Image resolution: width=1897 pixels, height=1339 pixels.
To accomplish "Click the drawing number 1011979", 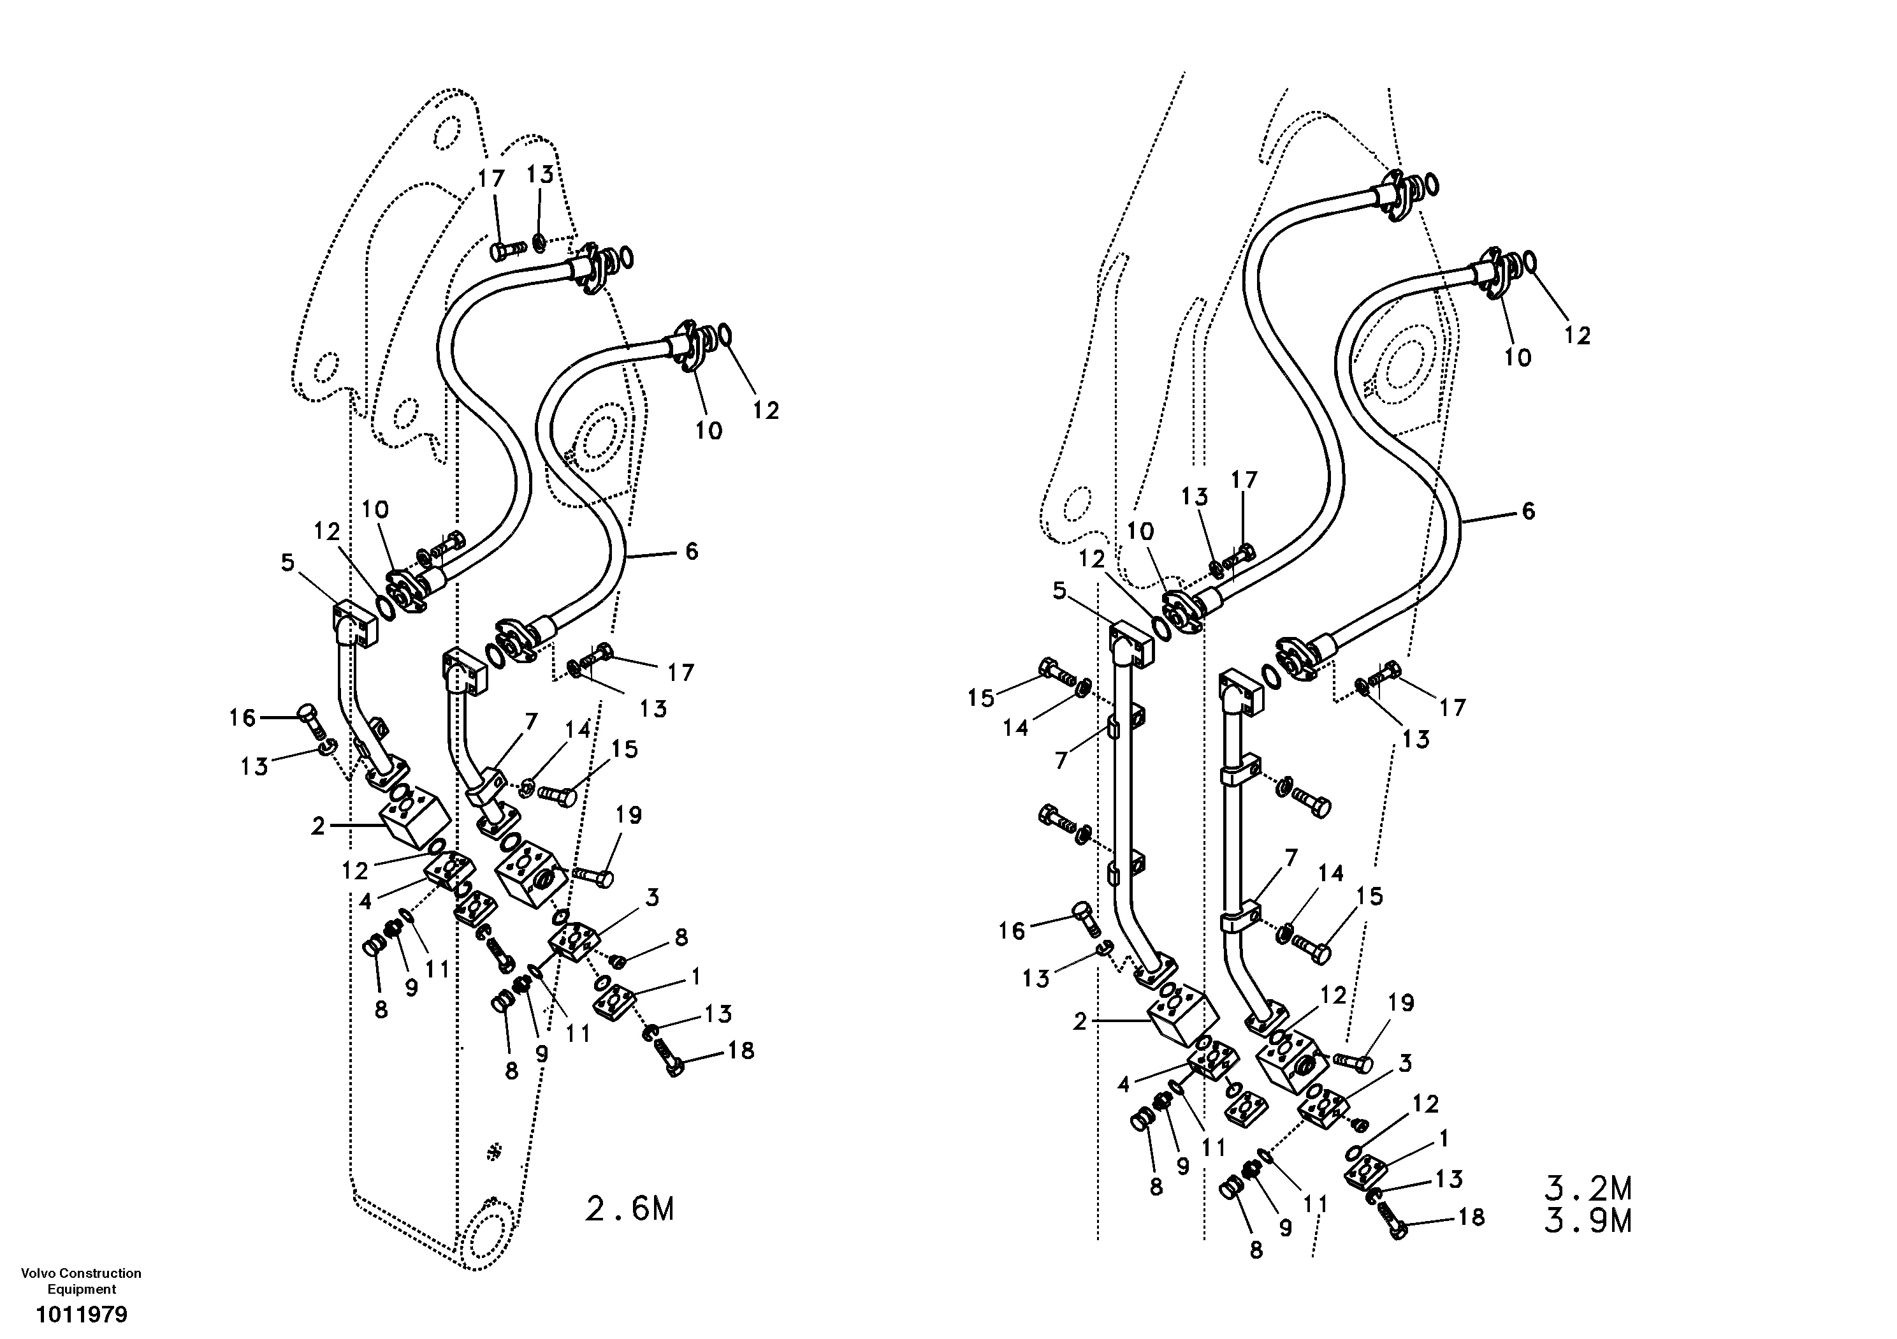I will click(81, 1314).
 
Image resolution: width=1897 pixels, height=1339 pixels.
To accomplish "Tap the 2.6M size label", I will click(630, 1209).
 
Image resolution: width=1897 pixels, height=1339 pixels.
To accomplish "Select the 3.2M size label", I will click(1588, 1189).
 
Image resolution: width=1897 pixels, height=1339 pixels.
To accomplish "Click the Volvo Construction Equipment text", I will click(81, 1281).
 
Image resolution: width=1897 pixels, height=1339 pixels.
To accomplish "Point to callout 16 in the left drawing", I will click(242, 717).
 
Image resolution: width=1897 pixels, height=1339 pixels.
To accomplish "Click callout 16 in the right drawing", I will click(1012, 931).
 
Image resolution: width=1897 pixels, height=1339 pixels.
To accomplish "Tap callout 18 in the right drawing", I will click(1471, 1217).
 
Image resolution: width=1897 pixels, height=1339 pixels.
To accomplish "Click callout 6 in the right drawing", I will click(1528, 511).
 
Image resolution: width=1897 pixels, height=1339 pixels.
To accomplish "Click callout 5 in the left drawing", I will click(287, 563).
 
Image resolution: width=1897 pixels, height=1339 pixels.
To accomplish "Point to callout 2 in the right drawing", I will click(1080, 1023).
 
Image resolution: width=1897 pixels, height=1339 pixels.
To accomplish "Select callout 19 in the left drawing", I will click(629, 815).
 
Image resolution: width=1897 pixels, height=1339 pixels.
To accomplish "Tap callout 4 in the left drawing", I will click(366, 901).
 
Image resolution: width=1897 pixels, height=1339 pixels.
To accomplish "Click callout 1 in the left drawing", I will click(695, 976).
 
